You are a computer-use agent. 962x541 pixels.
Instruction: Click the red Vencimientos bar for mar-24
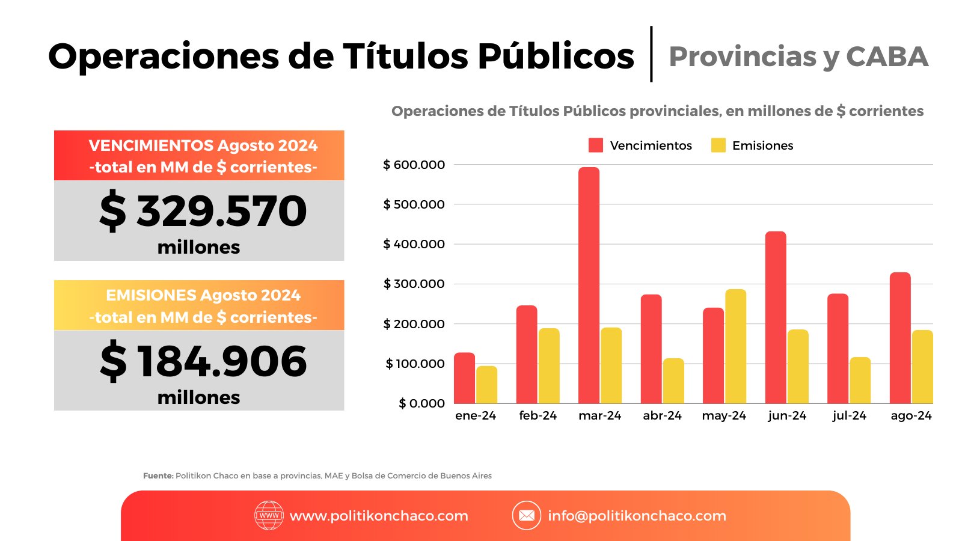coord(589,285)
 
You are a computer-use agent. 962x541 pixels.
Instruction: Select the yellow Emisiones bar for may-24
coord(736,346)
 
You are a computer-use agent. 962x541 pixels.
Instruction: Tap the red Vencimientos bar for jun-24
coord(776,317)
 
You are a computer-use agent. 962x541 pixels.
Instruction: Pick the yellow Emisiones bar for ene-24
coord(486,385)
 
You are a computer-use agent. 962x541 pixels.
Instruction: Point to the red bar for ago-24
coord(900,338)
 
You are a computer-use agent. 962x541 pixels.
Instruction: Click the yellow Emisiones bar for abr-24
coord(673,381)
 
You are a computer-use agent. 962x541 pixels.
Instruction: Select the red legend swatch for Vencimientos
coord(596,145)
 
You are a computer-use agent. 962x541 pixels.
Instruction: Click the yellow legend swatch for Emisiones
coord(718,145)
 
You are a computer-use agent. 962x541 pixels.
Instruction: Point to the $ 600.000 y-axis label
coord(414,165)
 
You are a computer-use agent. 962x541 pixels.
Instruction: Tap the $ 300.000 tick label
coord(414,284)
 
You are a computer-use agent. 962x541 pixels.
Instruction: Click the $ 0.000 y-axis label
coord(421,403)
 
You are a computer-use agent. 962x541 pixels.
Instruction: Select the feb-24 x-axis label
coord(538,415)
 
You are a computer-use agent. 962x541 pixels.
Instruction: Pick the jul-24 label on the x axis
coord(849,415)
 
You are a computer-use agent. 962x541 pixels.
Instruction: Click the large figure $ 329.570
coord(203,210)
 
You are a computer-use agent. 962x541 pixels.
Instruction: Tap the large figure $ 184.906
coord(203,361)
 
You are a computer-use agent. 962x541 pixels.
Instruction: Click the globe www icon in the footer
coord(269,515)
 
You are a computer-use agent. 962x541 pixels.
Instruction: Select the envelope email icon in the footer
coord(527,515)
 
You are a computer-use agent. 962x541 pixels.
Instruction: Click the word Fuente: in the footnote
coord(158,475)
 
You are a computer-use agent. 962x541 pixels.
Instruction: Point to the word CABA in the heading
coord(887,57)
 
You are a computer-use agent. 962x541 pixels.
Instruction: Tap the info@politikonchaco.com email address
coord(637,516)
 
